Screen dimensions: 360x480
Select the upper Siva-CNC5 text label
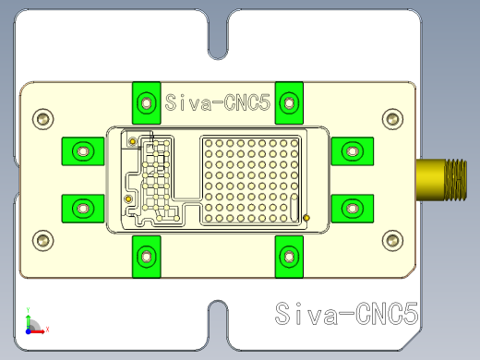pos(218,104)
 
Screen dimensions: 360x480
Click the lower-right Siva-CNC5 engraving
pos(347,314)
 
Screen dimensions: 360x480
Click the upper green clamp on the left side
pos(82,150)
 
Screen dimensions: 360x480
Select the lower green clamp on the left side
pos(82,208)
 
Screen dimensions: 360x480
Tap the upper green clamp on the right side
pos(352,150)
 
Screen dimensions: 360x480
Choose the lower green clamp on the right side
pos(352,208)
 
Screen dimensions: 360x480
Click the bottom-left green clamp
pos(145,255)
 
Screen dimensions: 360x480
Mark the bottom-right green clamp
pos(289,255)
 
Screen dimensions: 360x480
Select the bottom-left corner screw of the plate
pos(42,242)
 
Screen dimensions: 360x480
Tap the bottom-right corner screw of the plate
pos(392,242)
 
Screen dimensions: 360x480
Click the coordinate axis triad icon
pos(31,323)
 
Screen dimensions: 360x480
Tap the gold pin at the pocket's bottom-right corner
pos(306,218)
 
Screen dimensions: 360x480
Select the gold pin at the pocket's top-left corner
pos(132,141)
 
